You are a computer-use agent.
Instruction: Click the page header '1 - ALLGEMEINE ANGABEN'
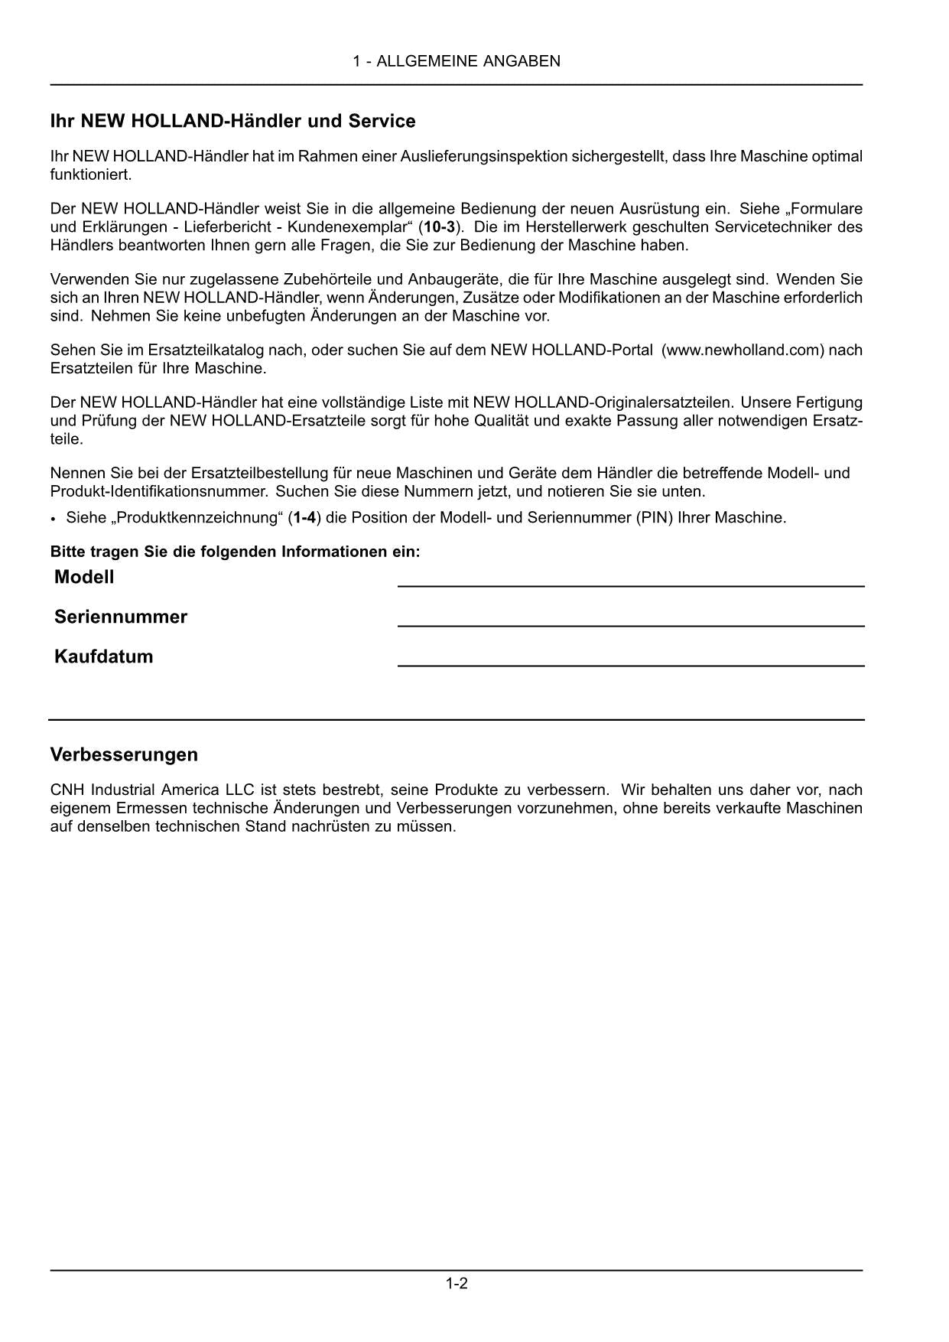[457, 61]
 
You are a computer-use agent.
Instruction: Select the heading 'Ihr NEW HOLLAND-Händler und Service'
[232, 121]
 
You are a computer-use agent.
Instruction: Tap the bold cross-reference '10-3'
[439, 227]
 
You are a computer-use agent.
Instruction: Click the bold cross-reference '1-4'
[304, 518]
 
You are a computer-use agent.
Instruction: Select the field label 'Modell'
[84, 578]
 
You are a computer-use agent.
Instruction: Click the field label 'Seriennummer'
[121, 617]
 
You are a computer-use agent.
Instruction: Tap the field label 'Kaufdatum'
[103, 657]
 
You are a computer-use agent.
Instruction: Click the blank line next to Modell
[631, 585]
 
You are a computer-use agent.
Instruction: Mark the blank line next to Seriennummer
[631, 625]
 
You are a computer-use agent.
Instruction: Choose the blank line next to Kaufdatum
[631, 665]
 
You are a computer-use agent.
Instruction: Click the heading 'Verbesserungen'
[124, 754]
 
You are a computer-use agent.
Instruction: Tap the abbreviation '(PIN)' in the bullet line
[655, 518]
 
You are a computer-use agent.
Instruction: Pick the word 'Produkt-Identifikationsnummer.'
[159, 491]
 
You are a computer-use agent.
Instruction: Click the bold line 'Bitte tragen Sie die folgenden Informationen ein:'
[235, 552]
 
